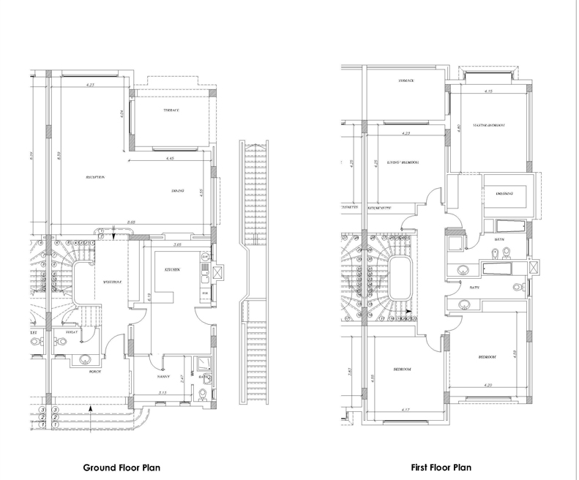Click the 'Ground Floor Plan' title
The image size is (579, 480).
(x=122, y=468)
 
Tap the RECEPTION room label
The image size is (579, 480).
(x=95, y=177)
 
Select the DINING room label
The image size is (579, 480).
(x=177, y=191)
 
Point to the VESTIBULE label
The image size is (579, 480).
(x=112, y=281)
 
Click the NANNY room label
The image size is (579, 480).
(x=163, y=378)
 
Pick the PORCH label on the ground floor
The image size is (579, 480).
(x=94, y=372)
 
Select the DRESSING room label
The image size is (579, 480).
(x=504, y=193)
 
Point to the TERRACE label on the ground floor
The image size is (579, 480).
(x=171, y=110)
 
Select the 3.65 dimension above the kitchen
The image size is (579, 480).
(x=176, y=244)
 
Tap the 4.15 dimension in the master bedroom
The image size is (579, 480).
(x=488, y=91)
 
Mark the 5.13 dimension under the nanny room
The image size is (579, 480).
(x=162, y=393)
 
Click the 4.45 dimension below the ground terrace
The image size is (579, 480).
(x=169, y=158)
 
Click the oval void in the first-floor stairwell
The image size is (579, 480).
(x=401, y=278)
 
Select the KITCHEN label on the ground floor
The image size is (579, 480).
(x=172, y=270)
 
